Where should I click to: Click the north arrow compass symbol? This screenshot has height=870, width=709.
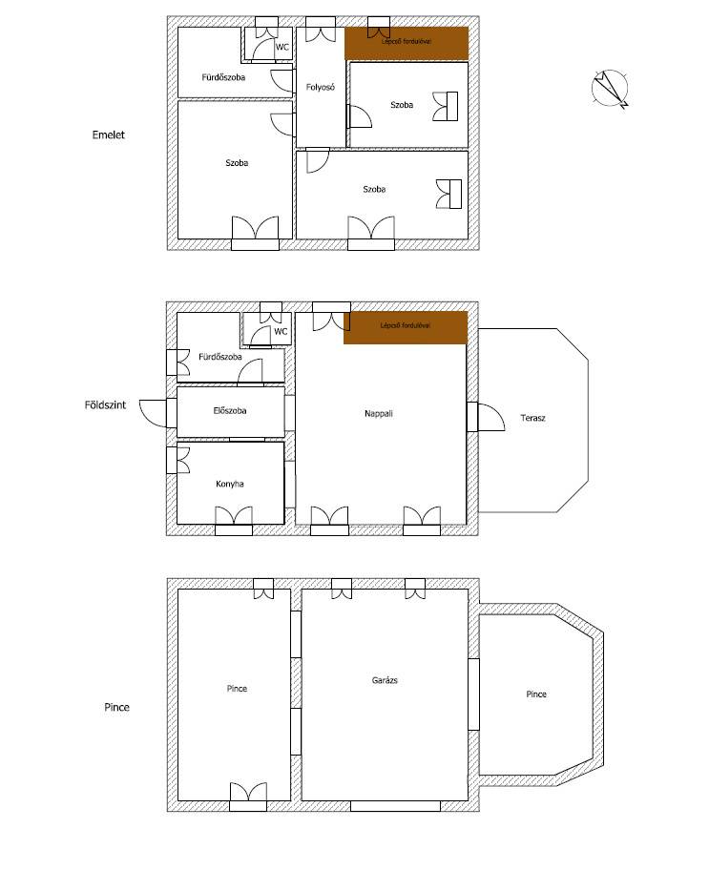(x=610, y=88)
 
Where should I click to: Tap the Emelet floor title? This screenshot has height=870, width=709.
(x=108, y=135)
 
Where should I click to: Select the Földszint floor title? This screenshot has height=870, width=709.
(x=105, y=405)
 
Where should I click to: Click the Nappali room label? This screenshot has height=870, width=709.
(x=379, y=413)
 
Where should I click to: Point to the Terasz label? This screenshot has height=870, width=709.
(x=532, y=418)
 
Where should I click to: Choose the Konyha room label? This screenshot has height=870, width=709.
(x=229, y=484)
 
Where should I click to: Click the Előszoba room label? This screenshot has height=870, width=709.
(x=229, y=411)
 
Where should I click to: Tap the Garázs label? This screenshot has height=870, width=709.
(x=385, y=680)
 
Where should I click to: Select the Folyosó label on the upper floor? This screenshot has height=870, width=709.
(x=321, y=87)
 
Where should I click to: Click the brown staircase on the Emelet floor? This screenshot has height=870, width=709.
(x=407, y=43)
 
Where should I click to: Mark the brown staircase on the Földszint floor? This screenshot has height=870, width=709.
(x=406, y=328)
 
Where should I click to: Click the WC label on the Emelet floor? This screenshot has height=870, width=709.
(x=282, y=47)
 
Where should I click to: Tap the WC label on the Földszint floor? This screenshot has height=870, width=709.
(x=281, y=331)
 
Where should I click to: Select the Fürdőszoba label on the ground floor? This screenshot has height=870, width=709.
(x=220, y=357)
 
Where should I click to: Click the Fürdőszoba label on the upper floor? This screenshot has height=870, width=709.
(x=223, y=77)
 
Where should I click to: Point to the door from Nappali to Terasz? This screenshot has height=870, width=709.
(x=486, y=417)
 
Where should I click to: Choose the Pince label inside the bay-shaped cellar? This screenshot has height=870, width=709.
(x=536, y=694)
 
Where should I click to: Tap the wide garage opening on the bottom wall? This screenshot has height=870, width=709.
(x=395, y=806)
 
